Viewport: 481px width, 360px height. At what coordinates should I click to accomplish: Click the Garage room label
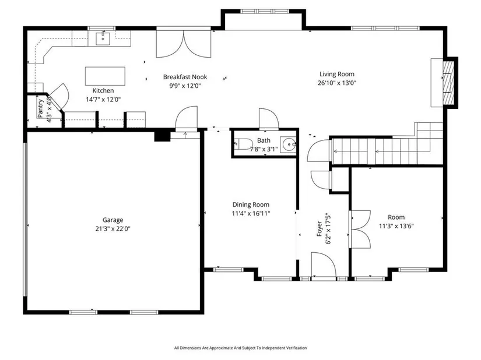[x=113, y=220]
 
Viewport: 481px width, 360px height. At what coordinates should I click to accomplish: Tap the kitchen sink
[x=103, y=38]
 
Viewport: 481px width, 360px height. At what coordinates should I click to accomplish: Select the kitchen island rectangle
[x=105, y=76]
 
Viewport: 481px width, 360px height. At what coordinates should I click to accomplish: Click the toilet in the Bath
[x=243, y=144]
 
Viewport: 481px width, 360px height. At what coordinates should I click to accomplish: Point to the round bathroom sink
[x=289, y=144]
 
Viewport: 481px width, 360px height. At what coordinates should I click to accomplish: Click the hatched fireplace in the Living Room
[x=448, y=83]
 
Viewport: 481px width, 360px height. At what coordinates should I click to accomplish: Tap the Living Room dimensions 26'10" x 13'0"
[x=337, y=83]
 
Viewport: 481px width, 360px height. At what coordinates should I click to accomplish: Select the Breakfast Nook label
[x=185, y=77]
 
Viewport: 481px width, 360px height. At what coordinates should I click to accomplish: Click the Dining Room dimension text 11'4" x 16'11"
[x=251, y=213]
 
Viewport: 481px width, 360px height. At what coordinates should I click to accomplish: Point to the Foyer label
[x=320, y=228]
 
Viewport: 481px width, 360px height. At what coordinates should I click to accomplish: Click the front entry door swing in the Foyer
[x=324, y=264]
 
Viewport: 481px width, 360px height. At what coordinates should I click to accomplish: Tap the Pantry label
[x=40, y=108]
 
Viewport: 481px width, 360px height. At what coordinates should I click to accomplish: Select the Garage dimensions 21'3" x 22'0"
[x=113, y=228]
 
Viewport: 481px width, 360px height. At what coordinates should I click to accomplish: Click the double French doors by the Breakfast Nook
[x=184, y=44]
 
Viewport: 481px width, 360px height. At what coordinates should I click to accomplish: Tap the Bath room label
[x=264, y=140]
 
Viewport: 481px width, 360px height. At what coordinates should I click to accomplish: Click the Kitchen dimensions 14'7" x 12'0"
[x=103, y=99]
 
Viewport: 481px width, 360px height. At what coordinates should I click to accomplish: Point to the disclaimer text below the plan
[x=240, y=348]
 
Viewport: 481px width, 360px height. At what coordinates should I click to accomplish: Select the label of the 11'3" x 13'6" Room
[x=396, y=217]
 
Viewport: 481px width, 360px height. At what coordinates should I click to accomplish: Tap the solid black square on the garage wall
[x=162, y=136]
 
